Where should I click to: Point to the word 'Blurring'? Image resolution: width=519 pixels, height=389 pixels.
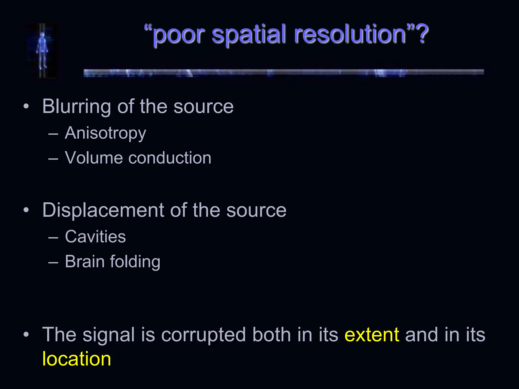pos(76,107)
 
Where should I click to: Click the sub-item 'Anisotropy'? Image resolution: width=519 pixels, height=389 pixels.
pos(105,133)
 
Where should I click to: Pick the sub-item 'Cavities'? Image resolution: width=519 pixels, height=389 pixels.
pos(95,237)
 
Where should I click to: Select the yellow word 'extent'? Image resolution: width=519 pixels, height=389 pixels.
pos(372,335)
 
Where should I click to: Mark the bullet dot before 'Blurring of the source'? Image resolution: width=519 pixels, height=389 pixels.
pos(26,106)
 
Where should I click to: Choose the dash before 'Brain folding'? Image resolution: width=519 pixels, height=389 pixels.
pos(53,262)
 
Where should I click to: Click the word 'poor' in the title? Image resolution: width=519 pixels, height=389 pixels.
pos(178,35)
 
